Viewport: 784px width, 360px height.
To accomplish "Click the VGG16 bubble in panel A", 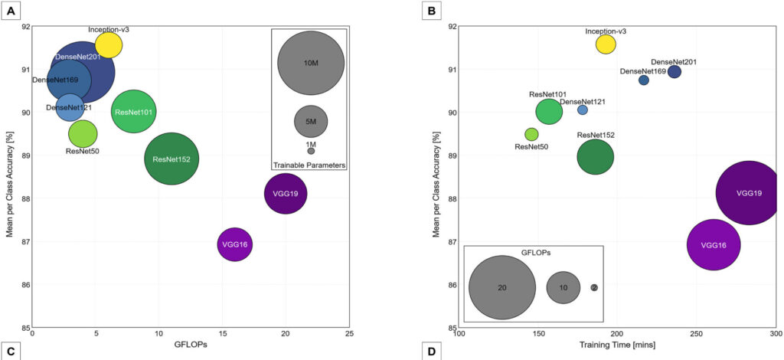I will coord(235,245).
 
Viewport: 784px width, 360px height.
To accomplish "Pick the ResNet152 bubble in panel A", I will coord(171,159).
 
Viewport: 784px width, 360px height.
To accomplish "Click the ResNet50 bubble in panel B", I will coord(531,134).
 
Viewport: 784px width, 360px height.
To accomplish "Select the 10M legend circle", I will coord(311,63).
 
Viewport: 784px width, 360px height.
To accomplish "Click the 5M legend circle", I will coord(311,120).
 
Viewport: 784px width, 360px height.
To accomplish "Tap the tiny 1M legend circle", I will coord(311,151).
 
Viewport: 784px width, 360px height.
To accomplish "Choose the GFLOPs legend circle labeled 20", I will coord(501,288).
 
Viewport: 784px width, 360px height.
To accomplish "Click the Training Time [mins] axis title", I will coord(617,347).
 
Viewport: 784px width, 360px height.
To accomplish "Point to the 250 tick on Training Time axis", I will coord(697,334).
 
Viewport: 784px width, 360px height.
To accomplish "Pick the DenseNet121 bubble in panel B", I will coord(583,110).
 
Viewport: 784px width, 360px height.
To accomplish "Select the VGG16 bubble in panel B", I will coord(714,245).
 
